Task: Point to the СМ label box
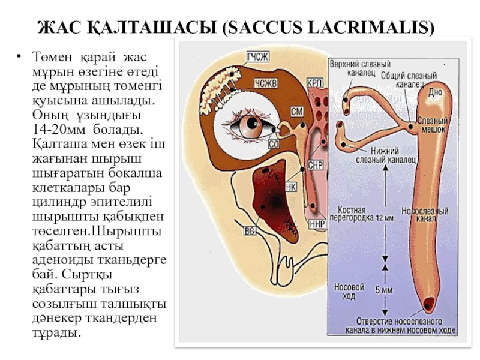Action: [296, 112]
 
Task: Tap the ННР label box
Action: [316, 224]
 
